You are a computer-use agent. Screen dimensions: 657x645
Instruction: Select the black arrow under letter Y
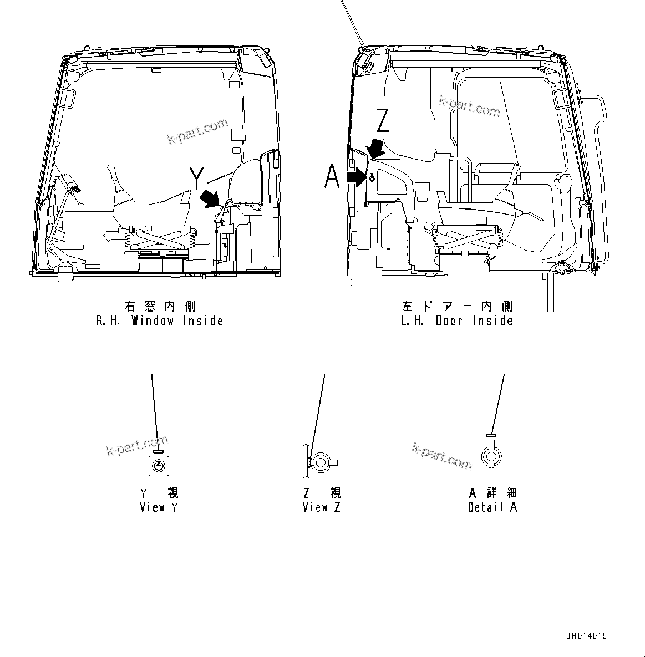click(210, 198)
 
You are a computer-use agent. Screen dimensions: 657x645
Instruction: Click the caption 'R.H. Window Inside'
click(160, 321)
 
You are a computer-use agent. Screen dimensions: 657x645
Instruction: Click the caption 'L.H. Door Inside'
click(456, 321)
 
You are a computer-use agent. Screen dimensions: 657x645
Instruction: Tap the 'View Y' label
click(159, 507)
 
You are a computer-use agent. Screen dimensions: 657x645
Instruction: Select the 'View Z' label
click(322, 507)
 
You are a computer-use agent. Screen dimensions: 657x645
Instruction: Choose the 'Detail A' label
click(492, 507)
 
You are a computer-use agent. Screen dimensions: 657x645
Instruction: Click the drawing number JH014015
click(587, 636)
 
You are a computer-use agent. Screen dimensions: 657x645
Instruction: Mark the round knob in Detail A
click(491, 455)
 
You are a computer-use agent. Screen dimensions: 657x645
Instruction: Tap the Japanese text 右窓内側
click(160, 306)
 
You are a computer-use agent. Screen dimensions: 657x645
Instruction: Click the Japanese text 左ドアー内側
click(456, 306)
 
